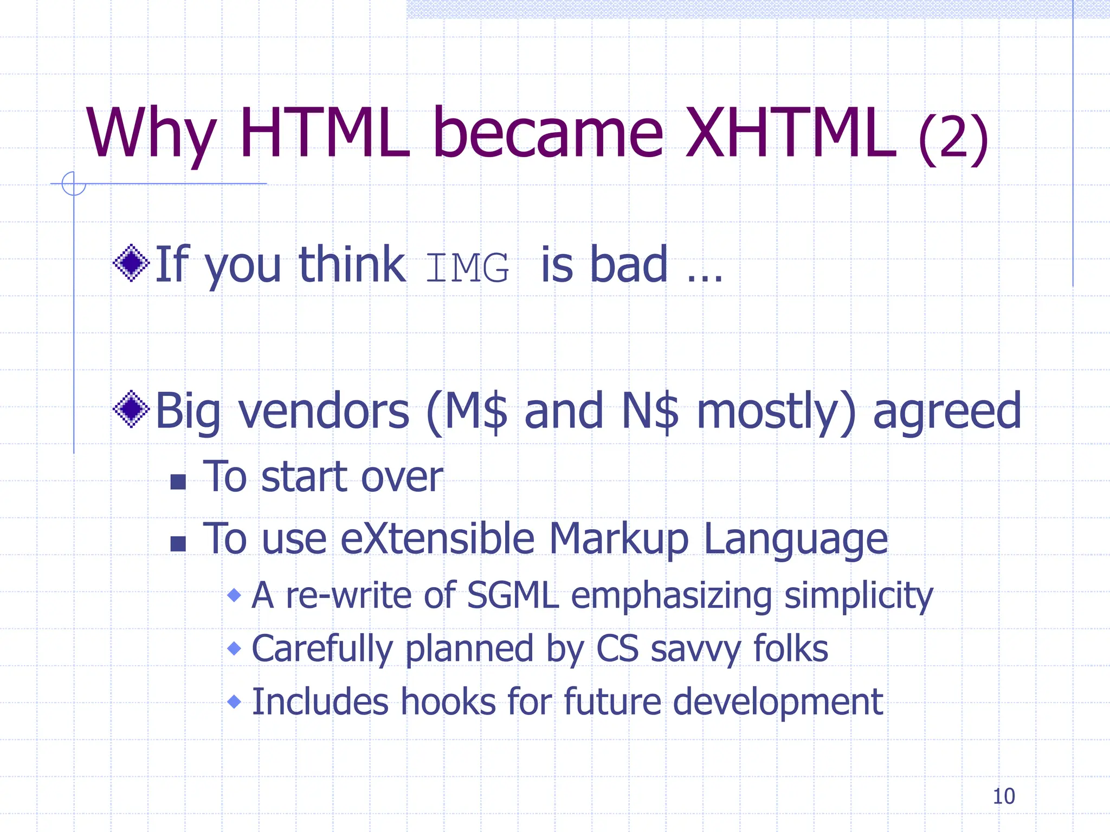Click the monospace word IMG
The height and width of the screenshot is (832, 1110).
tap(467, 268)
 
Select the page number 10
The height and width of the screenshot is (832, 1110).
tap(1003, 796)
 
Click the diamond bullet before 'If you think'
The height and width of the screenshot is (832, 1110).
tap(131, 263)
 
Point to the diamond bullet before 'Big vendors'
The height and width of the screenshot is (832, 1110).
tap(131, 409)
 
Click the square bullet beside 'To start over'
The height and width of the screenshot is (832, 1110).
tap(178, 482)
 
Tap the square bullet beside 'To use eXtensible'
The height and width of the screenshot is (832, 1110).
tap(178, 543)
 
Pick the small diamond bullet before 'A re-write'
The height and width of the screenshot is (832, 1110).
tap(234, 595)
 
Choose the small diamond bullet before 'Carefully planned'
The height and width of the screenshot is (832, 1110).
tap(234, 648)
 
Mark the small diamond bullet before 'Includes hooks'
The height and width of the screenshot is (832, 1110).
tap(234, 702)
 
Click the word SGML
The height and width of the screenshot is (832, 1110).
tap(512, 595)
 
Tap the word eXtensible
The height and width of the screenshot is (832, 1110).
tap(438, 539)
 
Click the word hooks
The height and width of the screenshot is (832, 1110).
tap(448, 702)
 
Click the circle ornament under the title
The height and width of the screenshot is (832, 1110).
tap(74, 184)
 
